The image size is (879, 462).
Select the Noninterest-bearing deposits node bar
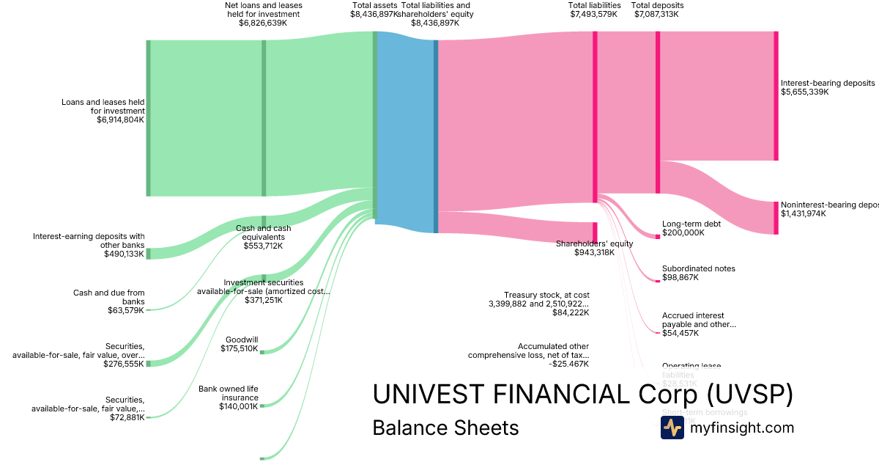coord(776,218)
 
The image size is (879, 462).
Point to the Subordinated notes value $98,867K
coord(680,278)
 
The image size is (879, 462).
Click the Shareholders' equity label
coord(594,243)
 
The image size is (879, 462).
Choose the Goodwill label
coord(241,339)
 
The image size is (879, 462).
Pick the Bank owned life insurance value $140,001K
coord(239,406)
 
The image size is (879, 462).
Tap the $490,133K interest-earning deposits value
coord(124,254)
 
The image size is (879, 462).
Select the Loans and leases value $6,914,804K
coord(120,120)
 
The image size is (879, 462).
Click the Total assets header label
coord(374,5)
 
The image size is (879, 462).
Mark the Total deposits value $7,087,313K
coord(657,14)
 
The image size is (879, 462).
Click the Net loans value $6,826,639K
coord(263,23)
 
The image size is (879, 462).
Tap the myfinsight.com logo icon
coord(672,428)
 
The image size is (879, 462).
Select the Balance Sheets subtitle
coord(445,428)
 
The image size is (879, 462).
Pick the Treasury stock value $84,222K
coord(571,312)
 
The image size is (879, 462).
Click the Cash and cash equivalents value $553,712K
coord(263,246)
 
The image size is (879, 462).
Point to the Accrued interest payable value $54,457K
coord(680,333)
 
